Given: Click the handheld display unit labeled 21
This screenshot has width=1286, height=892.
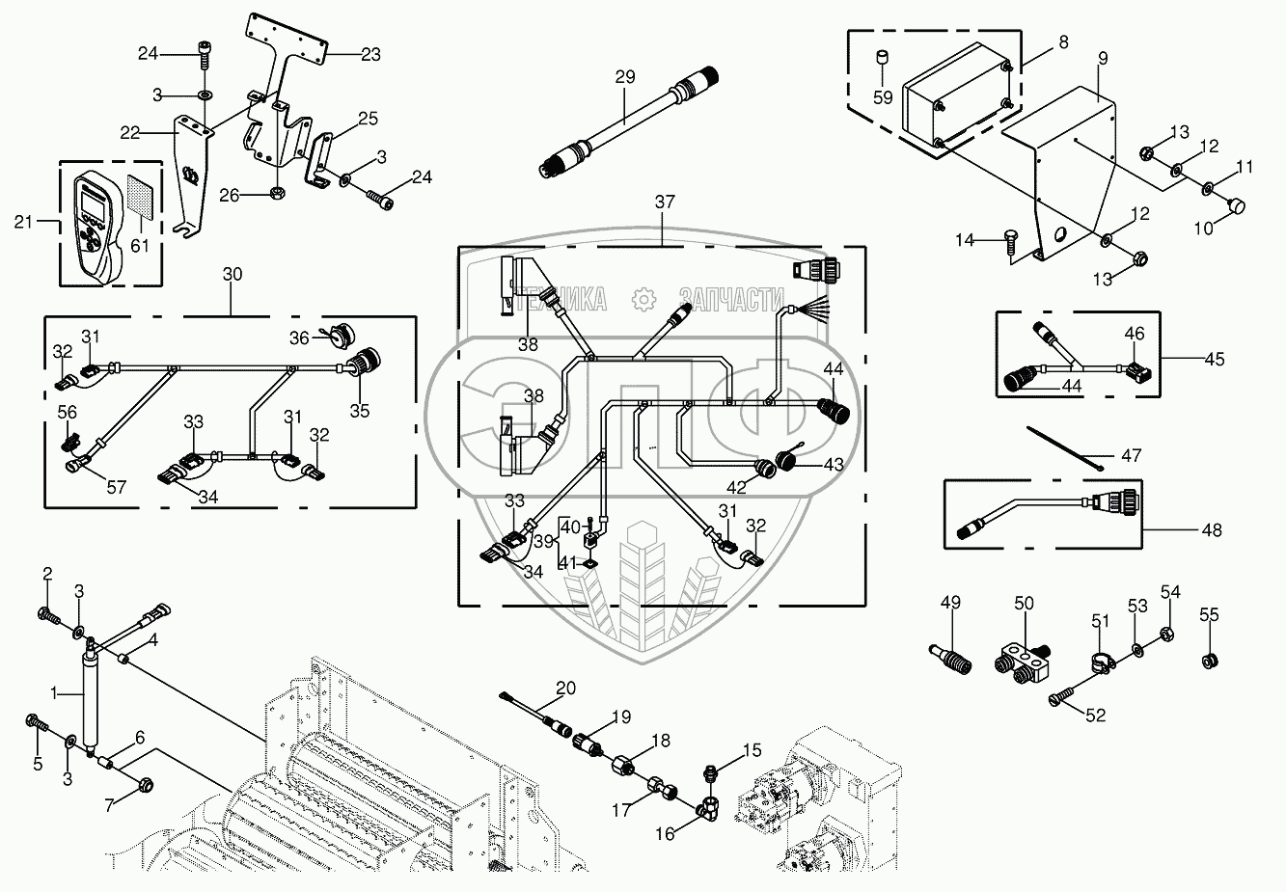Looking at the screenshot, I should [95, 224].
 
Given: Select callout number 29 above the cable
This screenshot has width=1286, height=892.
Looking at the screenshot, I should [625, 76].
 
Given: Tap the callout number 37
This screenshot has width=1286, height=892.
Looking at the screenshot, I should [664, 203].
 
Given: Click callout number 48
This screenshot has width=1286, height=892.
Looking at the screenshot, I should [1213, 529].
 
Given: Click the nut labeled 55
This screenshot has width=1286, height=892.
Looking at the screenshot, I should [1209, 662].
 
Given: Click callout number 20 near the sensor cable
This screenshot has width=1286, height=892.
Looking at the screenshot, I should [566, 688].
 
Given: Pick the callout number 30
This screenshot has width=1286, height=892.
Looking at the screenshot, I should [233, 275].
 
